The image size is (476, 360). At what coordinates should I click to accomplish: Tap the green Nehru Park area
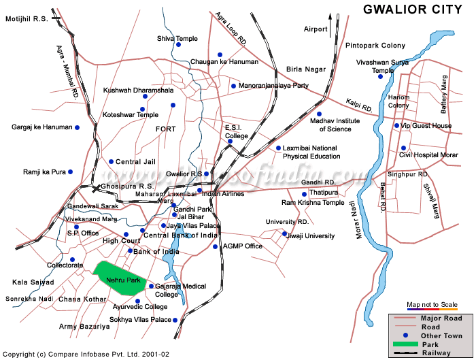119,278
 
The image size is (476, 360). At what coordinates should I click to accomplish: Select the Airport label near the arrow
316,29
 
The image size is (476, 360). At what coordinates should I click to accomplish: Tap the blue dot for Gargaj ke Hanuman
78,127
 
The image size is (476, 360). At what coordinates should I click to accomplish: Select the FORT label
165,129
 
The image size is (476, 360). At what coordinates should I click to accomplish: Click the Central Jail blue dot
112,161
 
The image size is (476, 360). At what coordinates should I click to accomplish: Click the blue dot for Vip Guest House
396,125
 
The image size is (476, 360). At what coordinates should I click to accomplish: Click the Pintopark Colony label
375,46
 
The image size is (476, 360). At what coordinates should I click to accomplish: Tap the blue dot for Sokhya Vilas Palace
175,320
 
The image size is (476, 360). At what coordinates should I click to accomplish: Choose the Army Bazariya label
84,327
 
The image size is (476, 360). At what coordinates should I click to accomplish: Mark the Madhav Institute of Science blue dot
319,114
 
